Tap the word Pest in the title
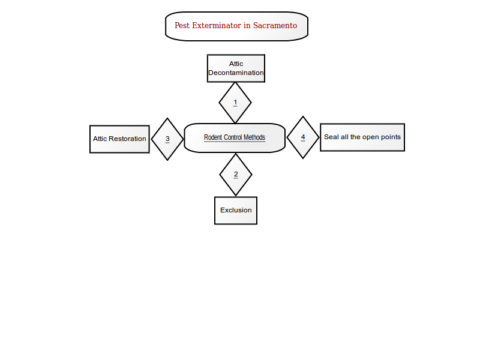182,25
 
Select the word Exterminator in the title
217,25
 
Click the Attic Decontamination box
236,68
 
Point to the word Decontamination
236,73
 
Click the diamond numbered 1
235,103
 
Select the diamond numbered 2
236,175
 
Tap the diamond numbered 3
167,139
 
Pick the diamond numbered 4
303,137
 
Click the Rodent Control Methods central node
235,138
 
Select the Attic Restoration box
119,139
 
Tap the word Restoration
127,139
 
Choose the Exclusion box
236,211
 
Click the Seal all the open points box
362,137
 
